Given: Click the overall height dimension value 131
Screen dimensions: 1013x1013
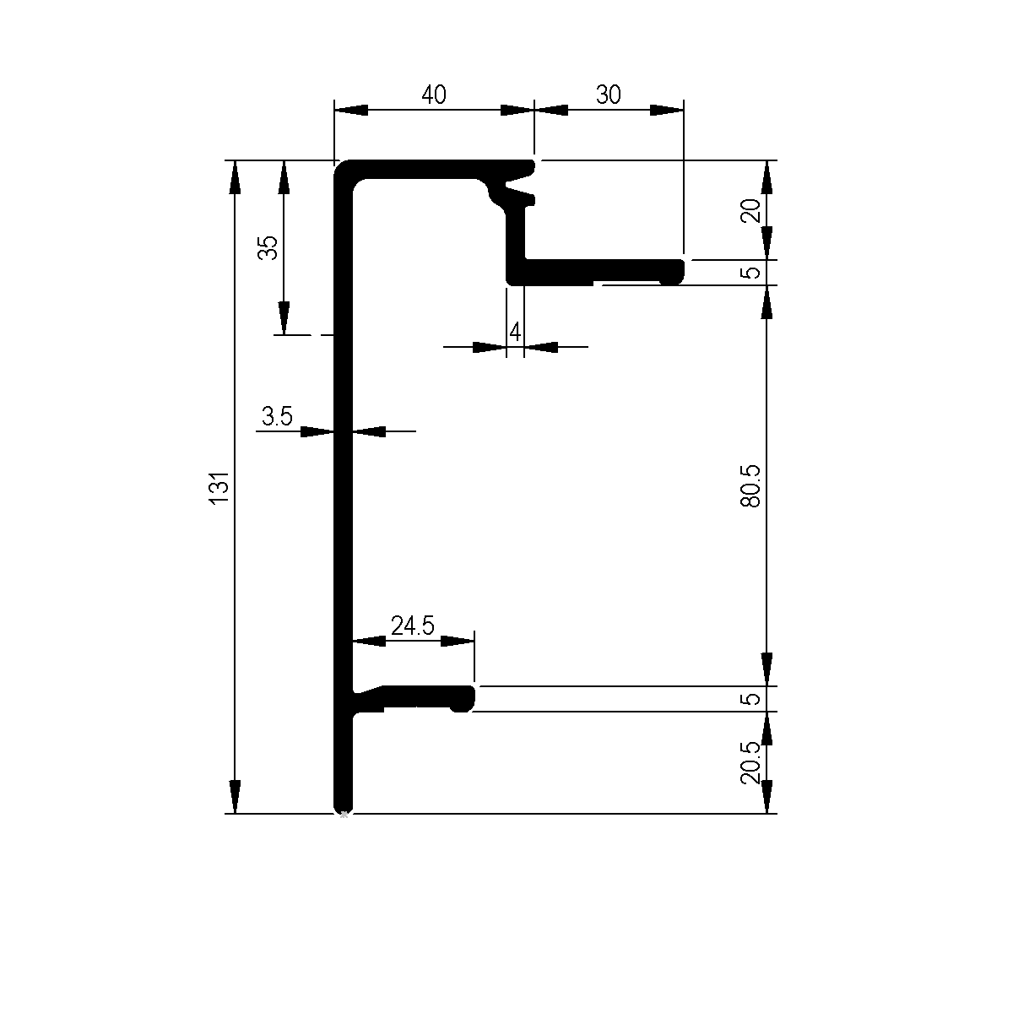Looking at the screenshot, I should coord(219,489).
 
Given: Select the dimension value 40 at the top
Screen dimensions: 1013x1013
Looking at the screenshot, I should coord(433,95).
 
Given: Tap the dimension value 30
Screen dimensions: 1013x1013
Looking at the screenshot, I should coord(608,95).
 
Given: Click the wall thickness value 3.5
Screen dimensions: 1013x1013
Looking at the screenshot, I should coord(277,415).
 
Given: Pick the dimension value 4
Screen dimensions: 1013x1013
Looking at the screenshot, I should coord(515,331).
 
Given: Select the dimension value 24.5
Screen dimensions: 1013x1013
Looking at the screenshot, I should coord(412,626).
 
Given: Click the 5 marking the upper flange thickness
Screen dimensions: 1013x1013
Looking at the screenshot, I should coord(752,273).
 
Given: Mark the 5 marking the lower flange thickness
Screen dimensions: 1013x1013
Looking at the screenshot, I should coord(752,699).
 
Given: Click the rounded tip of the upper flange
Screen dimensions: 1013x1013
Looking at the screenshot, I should coord(676,272).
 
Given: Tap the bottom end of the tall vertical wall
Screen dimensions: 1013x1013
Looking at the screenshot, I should coord(343,806).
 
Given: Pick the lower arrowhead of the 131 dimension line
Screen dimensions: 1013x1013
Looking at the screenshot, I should coord(235,799).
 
